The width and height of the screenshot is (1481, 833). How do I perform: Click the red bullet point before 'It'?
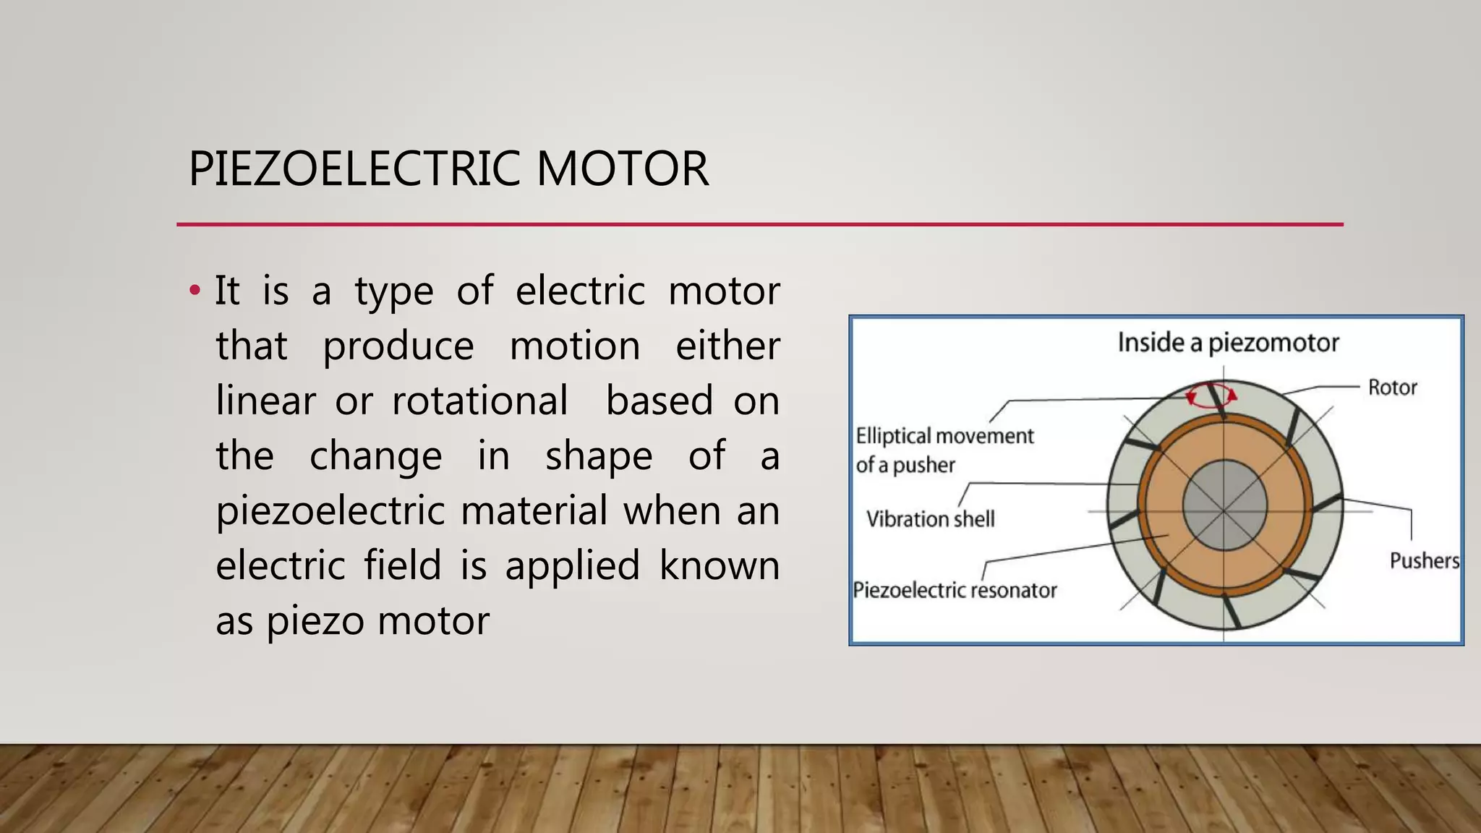pyautogui.click(x=194, y=291)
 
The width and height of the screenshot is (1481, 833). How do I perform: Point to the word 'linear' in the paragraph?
pyautogui.click(x=265, y=401)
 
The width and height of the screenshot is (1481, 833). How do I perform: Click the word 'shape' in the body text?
pyautogui.click(x=599, y=457)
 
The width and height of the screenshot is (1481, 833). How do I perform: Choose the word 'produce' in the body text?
pyautogui.click(x=398, y=347)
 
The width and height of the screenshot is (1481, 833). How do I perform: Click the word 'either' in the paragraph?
pyautogui.click(x=727, y=346)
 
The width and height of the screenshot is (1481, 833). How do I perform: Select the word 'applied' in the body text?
pyautogui.click(x=572, y=566)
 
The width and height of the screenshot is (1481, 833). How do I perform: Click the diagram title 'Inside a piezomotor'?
pyautogui.click(x=1228, y=343)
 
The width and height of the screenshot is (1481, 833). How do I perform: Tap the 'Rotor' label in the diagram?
pyautogui.click(x=1392, y=388)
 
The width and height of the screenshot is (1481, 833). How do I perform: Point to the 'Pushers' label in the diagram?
pyautogui.click(x=1424, y=560)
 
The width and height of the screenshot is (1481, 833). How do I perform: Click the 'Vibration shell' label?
pyautogui.click(x=930, y=519)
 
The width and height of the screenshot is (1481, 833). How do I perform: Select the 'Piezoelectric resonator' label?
pyautogui.click(x=955, y=590)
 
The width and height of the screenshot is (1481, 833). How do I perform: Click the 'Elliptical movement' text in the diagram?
pyautogui.click(x=944, y=436)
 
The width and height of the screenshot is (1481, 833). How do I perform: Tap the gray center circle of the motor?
pyautogui.click(x=1224, y=505)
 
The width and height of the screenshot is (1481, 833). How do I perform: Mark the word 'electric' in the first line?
pyautogui.click(x=580, y=291)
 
